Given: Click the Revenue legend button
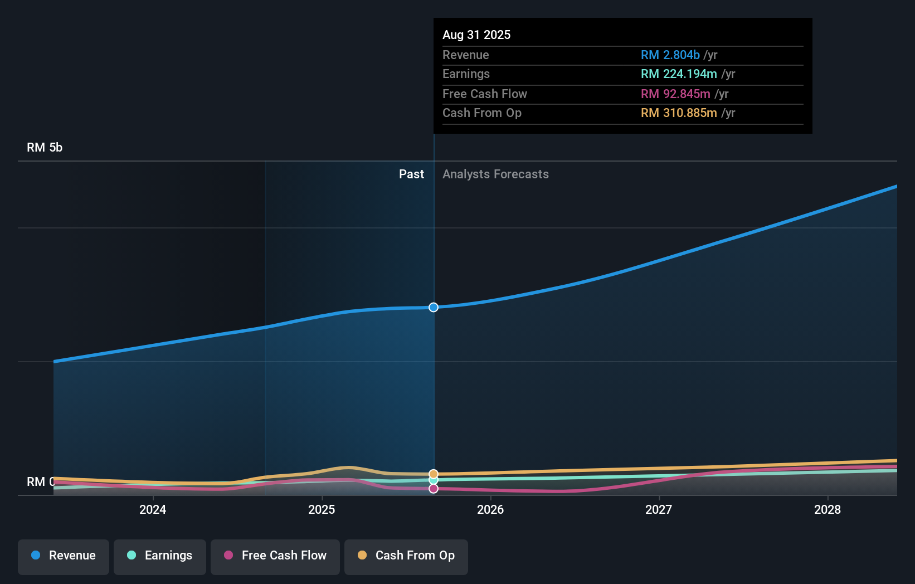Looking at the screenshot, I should click(x=64, y=556).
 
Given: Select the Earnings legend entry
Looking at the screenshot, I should click(x=160, y=556).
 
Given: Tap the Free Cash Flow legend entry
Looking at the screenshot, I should click(x=275, y=556).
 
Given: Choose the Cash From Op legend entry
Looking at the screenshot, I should click(x=406, y=556).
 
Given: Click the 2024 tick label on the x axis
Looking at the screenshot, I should click(x=153, y=509).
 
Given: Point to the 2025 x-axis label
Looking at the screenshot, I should click(x=322, y=509).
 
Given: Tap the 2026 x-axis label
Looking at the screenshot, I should click(x=490, y=509).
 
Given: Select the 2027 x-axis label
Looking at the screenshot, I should click(x=659, y=509).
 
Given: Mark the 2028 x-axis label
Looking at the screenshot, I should click(x=828, y=509).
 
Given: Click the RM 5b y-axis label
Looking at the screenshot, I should click(x=45, y=148).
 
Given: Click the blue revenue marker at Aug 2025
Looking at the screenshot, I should click(x=434, y=308).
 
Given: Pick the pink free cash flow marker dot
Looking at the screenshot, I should click(x=434, y=489).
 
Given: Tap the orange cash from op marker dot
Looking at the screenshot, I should click(x=434, y=474).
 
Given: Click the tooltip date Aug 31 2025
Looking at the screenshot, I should click(x=476, y=35).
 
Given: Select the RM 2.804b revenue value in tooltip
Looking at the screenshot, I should click(x=670, y=55).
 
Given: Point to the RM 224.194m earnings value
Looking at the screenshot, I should click(x=679, y=74).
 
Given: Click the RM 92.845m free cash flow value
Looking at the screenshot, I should click(x=675, y=94).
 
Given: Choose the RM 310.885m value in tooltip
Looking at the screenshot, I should click(x=679, y=113).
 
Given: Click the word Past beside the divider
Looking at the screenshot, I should click(x=411, y=174).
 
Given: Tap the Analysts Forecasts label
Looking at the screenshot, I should click(x=495, y=174).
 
